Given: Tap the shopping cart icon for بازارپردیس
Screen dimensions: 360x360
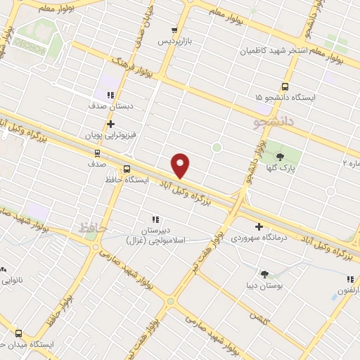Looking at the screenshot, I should pyautogui.click(x=174, y=30).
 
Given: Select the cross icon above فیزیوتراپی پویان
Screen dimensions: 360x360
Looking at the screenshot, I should pyautogui.click(x=110, y=123).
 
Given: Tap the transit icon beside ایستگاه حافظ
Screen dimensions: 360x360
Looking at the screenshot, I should pyautogui.click(x=127, y=169).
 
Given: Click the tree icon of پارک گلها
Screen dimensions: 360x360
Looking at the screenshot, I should pyautogui.click(x=281, y=157).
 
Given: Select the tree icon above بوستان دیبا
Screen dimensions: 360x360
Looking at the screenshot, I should pyautogui.click(x=264, y=274).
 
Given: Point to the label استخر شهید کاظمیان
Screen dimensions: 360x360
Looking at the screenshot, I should pyautogui.click(x=270, y=51).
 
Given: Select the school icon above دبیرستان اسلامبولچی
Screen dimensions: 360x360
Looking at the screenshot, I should pyautogui.click(x=155, y=219).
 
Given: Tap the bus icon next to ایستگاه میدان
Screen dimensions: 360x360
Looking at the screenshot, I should pyautogui.click(x=18, y=334).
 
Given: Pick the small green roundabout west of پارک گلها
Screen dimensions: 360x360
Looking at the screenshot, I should pyautogui.click(x=217, y=148).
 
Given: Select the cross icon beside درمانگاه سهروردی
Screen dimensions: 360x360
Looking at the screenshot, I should pyautogui.click(x=259, y=226).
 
